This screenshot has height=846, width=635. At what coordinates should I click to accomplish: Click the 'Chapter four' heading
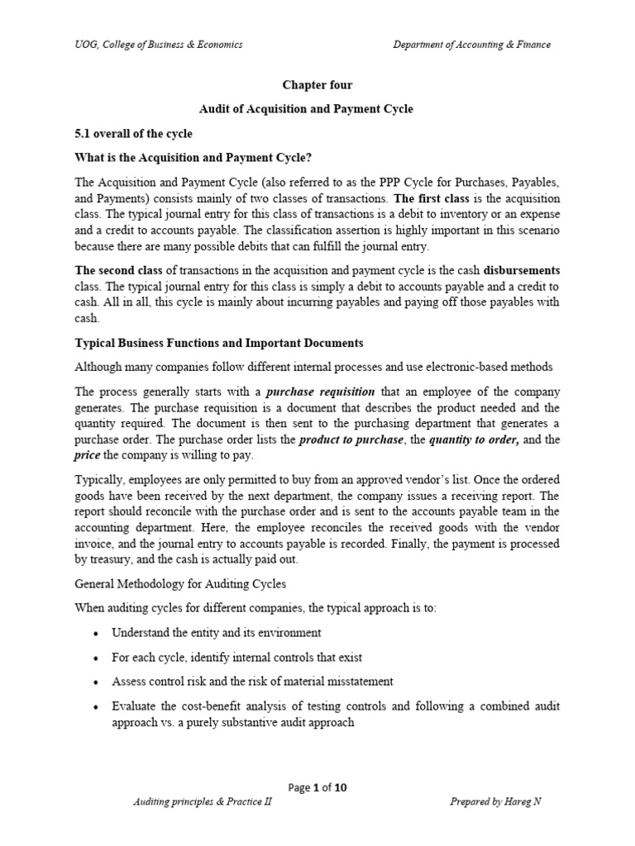pos(318,85)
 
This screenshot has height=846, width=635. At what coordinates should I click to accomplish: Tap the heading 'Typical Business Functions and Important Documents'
pos(218,343)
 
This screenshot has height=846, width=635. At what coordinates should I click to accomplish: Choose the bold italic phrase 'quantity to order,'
pos(475,439)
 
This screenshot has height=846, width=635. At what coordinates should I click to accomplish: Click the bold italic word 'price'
pos(88,454)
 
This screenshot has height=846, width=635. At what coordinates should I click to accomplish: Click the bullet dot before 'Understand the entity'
pos(97,634)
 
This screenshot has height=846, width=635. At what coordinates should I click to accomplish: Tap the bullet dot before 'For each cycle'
pos(97,658)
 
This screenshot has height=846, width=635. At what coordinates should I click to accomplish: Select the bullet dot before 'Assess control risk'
pos(97,682)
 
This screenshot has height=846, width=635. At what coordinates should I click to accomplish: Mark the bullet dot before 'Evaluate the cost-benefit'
pos(97,707)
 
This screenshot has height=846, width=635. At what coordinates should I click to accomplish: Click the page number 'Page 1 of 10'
pos(318,787)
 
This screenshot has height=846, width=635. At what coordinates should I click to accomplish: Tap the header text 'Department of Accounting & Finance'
pos(471,45)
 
